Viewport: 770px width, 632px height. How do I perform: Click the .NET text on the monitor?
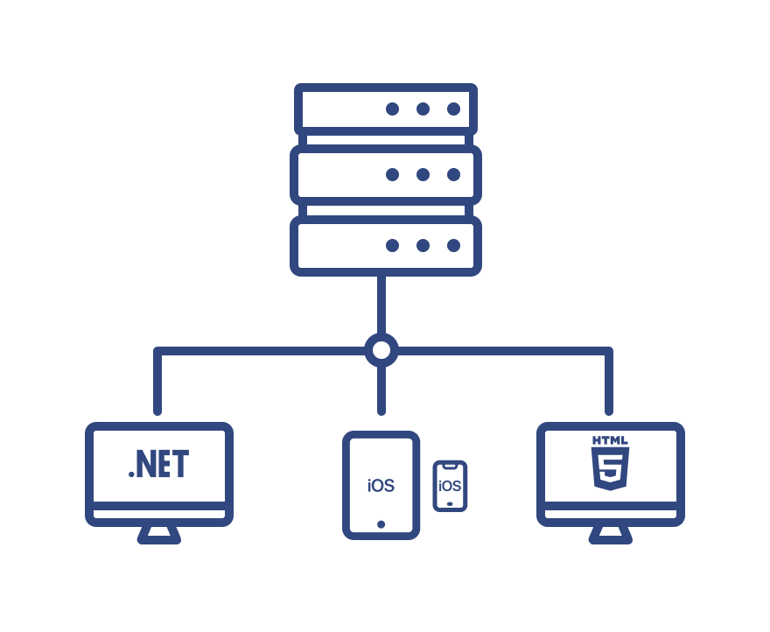[158, 464]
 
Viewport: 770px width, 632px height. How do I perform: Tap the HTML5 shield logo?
[611, 470]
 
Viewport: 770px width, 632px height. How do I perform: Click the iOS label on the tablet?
[381, 486]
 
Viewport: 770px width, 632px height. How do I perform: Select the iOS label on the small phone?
[450, 485]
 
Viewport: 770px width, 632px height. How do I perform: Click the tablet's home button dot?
[381, 524]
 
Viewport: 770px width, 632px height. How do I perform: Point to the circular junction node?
[381, 350]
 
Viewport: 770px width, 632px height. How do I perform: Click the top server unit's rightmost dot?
[453, 109]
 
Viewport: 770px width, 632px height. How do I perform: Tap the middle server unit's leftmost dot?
[392, 174]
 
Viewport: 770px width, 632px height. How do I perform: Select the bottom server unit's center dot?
[423, 245]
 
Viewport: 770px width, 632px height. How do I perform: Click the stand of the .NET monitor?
[159, 534]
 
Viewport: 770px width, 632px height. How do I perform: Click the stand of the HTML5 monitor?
[611, 534]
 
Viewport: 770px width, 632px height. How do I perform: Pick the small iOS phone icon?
[450, 486]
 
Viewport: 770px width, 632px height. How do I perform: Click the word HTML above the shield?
[611, 440]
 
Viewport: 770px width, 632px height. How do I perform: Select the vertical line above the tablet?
[381, 390]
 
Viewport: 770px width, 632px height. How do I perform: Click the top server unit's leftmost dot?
[392, 109]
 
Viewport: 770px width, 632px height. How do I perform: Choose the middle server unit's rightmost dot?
[453, 174]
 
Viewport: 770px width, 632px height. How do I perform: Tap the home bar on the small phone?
[450, 504]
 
